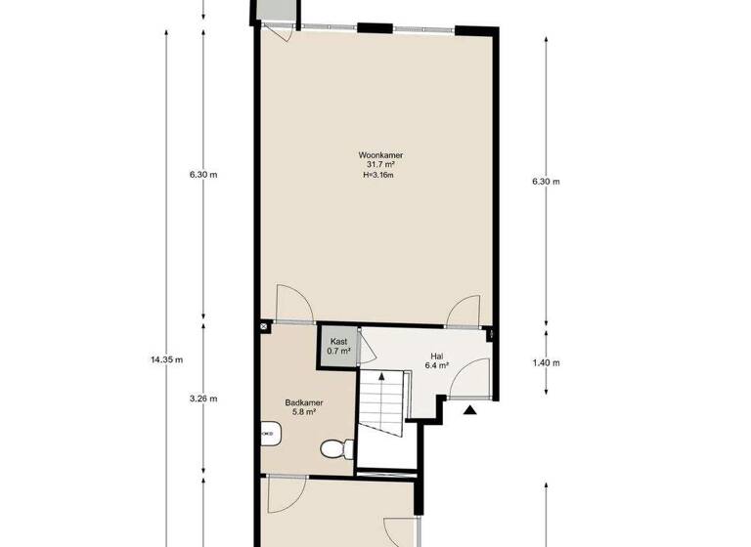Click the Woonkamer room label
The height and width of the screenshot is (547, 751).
tap(382, 155)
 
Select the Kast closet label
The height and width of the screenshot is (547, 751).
tap(339, 341)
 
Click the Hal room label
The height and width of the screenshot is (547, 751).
tap(436, 356)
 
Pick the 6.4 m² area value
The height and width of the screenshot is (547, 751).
tap(436, 366)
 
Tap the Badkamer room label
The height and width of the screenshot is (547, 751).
tap(304, 402)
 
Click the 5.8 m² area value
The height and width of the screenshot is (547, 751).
tap(304, 413)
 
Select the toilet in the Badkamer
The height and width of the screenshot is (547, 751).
tap(334, 447)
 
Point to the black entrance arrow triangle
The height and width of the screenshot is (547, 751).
tap(470, 410)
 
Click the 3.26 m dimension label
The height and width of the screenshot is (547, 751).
tap(203, 399)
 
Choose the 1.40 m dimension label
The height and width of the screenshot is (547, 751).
tap(546, 363)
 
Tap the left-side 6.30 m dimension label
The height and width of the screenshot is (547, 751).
tap(203, 176)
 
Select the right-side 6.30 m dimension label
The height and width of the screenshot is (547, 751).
tap(546, 182)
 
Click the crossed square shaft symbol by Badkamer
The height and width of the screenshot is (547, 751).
tap(265, 325)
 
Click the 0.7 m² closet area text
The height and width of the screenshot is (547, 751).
tap(339, 351)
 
